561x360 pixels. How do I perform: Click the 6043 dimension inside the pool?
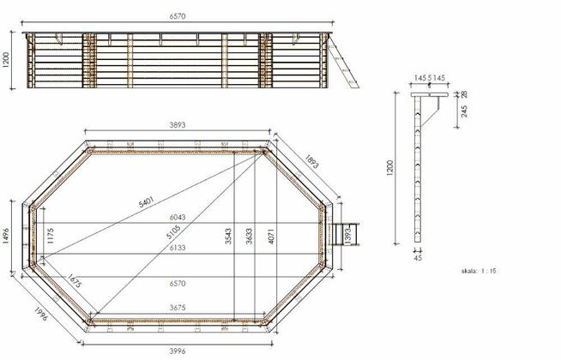(178, 217)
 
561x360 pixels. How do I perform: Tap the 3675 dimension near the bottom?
(178, 308)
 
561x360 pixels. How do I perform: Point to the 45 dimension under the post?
(418, 255)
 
